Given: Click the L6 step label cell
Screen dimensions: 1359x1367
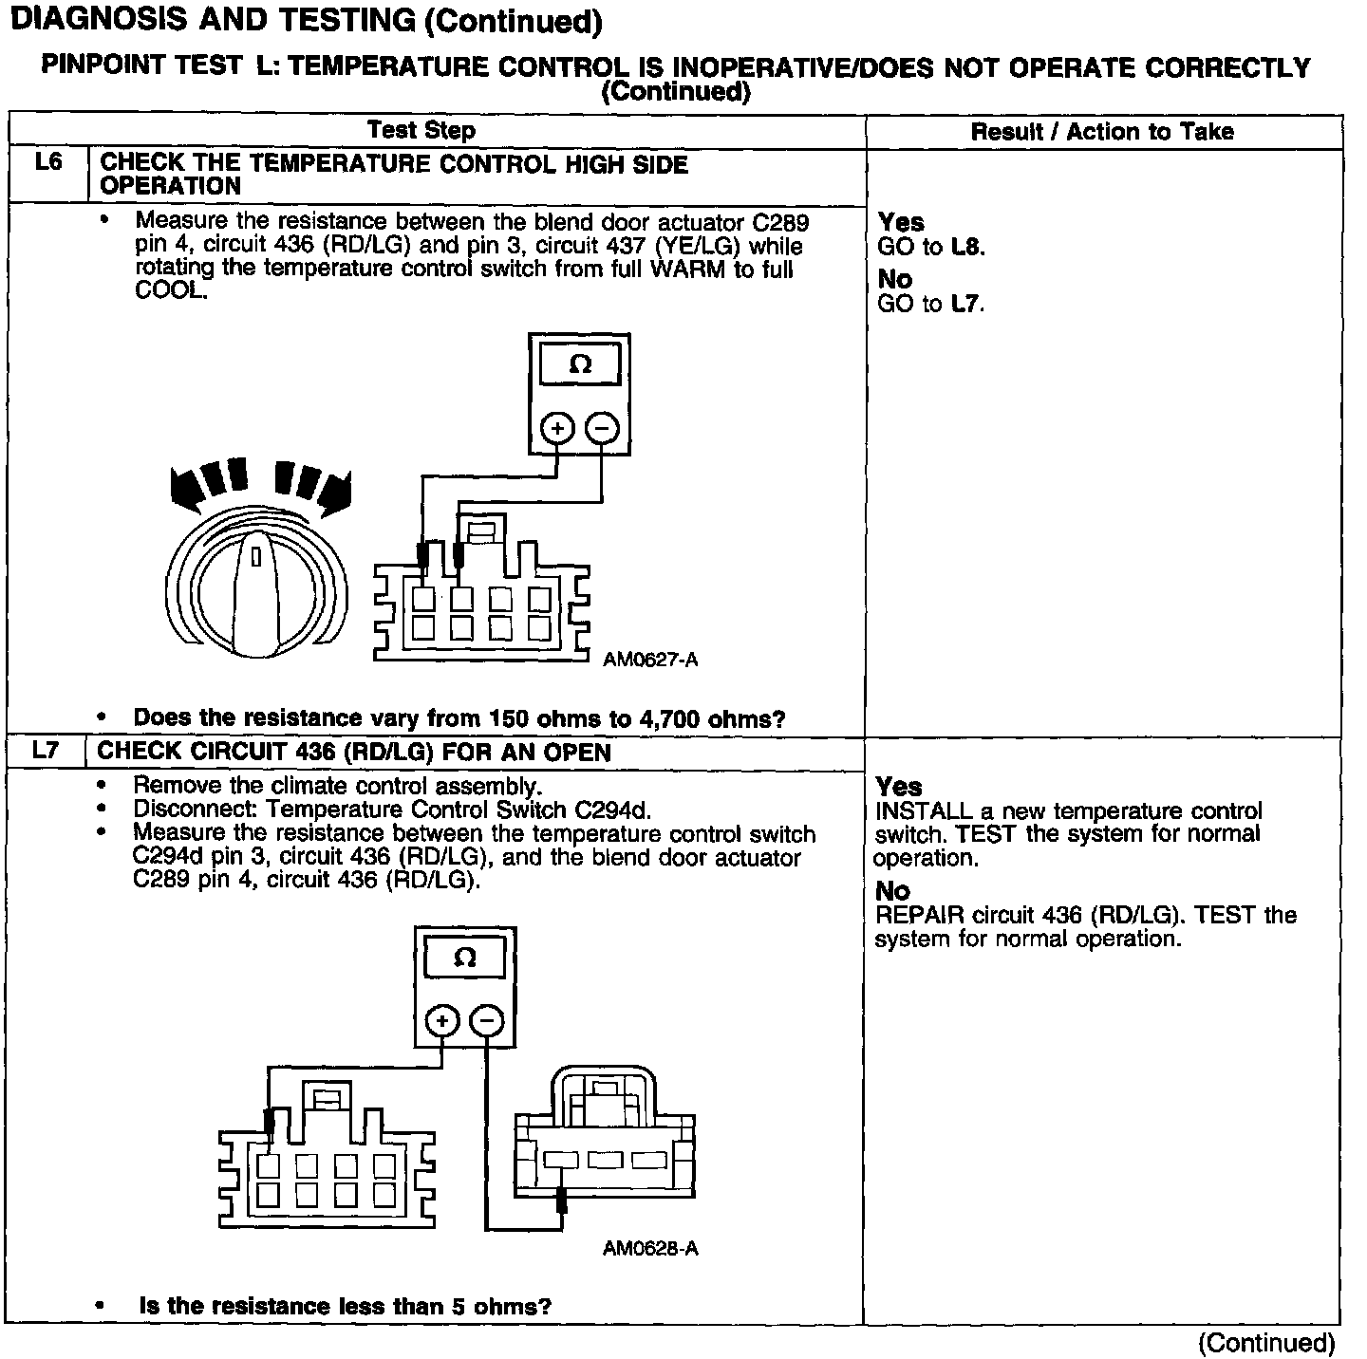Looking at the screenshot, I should [x=47, y=163].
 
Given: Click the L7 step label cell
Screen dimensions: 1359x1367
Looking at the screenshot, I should [x=45, y=751].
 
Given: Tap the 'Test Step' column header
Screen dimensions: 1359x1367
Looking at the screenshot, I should [x=421, y=130].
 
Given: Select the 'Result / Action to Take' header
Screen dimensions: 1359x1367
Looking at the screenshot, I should [x=1101, y=132].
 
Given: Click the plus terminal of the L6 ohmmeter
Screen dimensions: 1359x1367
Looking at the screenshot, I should [x=557, y=429].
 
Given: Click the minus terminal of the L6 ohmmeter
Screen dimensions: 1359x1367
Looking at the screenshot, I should [x=602, y=429].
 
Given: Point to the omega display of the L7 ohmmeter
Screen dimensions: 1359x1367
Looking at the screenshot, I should [x=464, y=959].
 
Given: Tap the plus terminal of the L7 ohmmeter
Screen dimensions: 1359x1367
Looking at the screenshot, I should [x=442, y=1021].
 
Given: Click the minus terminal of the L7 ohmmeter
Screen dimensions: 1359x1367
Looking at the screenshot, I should [x=487, y=1021].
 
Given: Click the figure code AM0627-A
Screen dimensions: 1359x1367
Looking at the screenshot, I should [x=650, y=660].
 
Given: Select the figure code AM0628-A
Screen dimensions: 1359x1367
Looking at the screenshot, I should [x=650, y=1248].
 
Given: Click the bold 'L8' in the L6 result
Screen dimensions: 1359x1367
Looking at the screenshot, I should [x=967, y=248].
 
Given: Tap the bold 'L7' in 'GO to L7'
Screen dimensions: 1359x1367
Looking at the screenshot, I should [x=966, y=305].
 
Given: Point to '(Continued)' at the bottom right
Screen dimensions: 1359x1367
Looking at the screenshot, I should [x=1266, y=1342].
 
